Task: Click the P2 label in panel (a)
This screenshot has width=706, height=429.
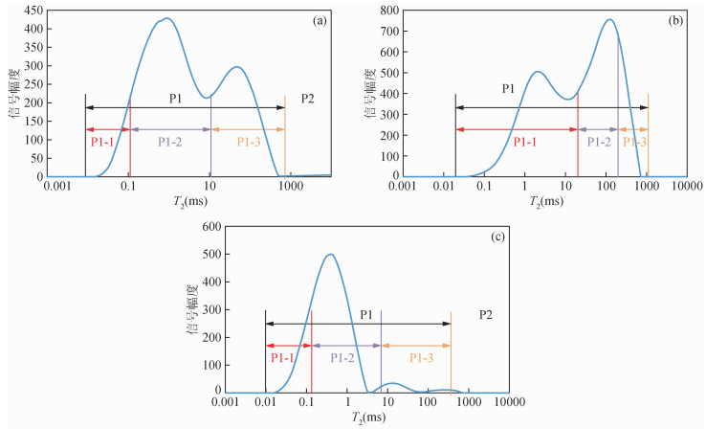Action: click(308, 98)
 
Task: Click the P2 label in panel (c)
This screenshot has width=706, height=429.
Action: click(487, 313)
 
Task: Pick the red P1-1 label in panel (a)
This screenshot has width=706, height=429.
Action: click(105, 142)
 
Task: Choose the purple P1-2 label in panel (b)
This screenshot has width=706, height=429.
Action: click(599, 142)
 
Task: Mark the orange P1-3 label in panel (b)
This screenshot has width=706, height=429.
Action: click(635, 142)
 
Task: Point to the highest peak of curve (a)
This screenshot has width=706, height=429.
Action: click(166, 18)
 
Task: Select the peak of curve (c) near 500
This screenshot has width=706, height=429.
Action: click(331, 254)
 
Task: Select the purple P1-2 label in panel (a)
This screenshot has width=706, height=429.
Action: click(170, 142)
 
